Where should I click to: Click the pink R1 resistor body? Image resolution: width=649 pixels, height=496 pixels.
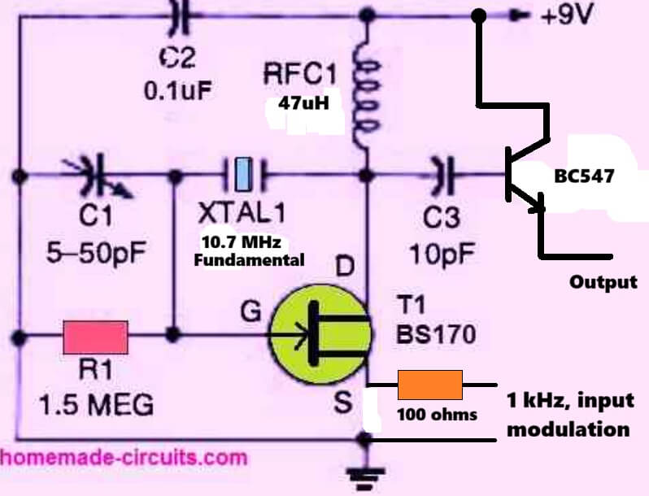(96, 334)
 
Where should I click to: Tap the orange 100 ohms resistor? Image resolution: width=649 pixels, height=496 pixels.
(429, 384)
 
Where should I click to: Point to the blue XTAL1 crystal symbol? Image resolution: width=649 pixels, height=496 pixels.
(242, 173)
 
